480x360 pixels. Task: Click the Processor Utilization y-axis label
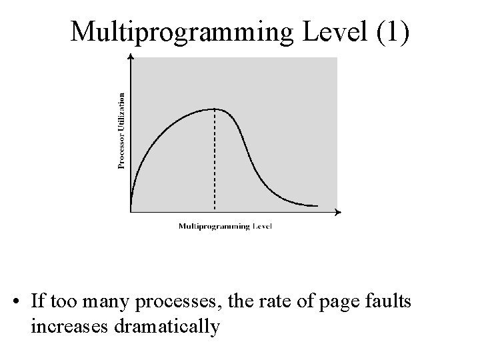point(122,131)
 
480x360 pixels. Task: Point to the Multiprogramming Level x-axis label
point(225,226)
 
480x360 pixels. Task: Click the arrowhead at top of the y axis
point(131,57)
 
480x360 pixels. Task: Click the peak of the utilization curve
point(214,109)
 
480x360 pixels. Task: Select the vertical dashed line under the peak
point(214,160)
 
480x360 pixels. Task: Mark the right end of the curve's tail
point(317,205)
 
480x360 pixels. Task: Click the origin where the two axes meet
point(131,212)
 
